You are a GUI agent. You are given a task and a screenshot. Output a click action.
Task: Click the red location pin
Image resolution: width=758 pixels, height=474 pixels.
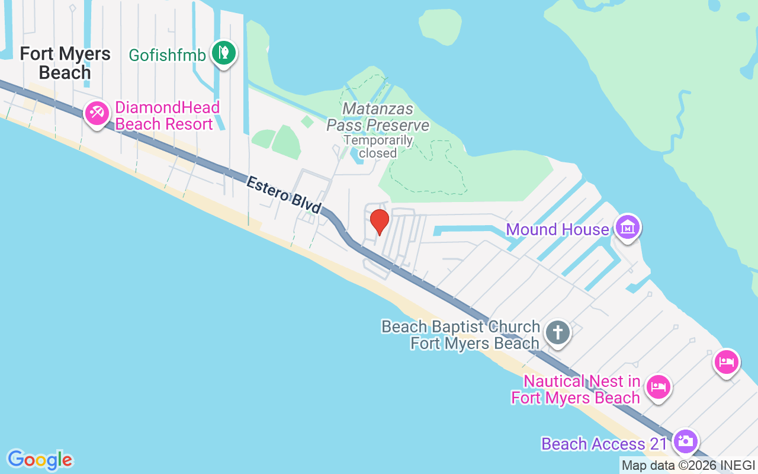pyautogui.click(x=379, y=222)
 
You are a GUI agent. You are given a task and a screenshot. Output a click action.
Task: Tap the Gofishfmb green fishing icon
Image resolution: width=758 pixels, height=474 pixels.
pyautogui.click(x=224, y=53)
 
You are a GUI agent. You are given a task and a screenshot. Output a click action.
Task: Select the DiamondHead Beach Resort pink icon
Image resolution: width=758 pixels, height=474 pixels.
pyautogui.click(x=96, y=113)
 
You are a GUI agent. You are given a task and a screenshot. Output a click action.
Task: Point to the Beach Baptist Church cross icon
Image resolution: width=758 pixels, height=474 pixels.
pyautogui.click(x=557, y=332)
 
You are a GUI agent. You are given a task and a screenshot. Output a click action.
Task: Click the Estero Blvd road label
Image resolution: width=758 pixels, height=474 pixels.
pyautogui.click(x=284, y=195)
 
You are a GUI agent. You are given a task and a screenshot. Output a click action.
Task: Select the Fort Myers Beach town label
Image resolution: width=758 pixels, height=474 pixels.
pyautogui.click(x=65, y=63)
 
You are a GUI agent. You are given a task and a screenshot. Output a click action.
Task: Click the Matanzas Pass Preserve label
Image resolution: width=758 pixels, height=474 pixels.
pyautogui.click(x=378, y=117)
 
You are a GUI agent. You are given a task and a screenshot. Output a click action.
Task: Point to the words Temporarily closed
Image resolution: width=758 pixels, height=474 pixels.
pyautogui.click(x=378, y=146)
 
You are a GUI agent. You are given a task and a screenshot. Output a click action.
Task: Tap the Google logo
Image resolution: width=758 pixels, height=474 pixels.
pyautogui.click(x=40, y=460)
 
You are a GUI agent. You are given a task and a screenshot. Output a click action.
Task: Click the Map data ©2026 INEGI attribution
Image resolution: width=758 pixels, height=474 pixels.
pyautogui.click(x=688, y=466)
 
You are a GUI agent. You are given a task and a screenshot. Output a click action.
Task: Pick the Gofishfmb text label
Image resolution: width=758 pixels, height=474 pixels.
pyautogui.click(x=168, y=56)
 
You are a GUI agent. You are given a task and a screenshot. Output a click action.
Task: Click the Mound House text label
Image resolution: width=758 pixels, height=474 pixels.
pyautogui.click(x=557, y=229)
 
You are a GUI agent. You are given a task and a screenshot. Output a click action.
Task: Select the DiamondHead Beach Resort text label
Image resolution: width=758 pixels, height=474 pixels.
pyautogui.click(x=164, y=116)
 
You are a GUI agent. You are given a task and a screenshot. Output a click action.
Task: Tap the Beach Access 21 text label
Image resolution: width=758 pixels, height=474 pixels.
pyautogui.click(x=604, y=444)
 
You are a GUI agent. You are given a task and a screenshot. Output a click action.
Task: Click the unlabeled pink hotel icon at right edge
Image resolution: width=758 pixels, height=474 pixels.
pyautogui.click(x=727, y=361)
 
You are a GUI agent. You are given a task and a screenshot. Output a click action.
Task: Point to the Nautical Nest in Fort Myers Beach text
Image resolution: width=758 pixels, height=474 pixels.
pyautogui.click(x=576, y=389)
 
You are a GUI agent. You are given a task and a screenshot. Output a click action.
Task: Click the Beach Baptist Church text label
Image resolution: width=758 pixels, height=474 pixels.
pyautogui.click(x=461, y=335)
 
